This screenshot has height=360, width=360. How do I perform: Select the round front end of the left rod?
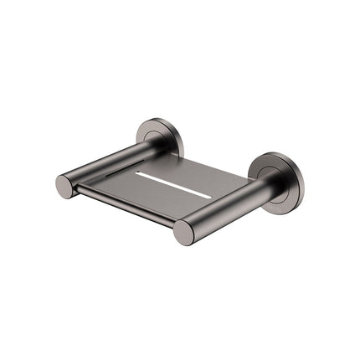(x=65, y=186)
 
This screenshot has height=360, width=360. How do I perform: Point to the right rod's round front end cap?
(x=184, y=232)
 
